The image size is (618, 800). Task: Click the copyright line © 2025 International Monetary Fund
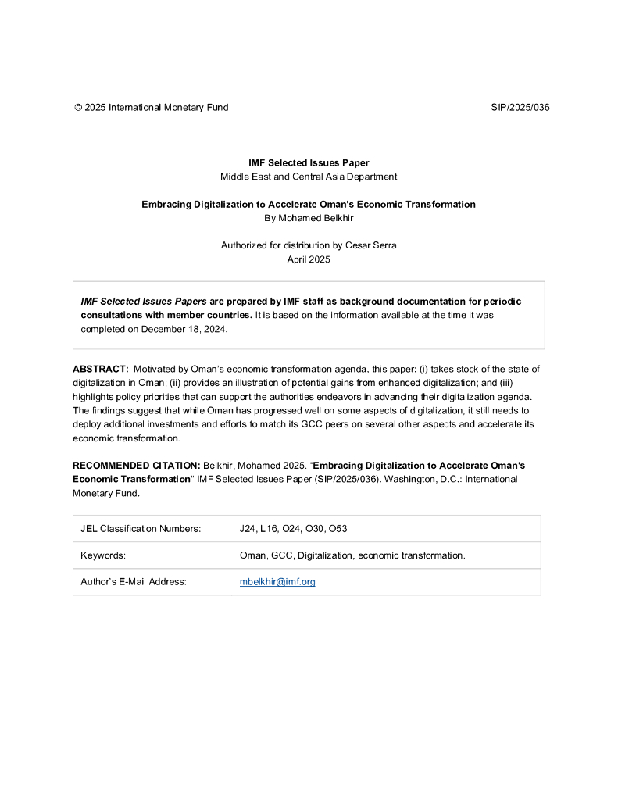pos(151,108)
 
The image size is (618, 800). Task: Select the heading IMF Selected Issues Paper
pos(309,163)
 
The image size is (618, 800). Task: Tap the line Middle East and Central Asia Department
pos(309,177)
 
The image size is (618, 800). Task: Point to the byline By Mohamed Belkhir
pos(309,217)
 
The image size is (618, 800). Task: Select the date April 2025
pos(309,259)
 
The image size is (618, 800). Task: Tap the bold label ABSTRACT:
pos(101,369)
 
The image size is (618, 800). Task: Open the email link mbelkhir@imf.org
pos(277,582)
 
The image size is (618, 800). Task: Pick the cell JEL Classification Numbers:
pos(141,529)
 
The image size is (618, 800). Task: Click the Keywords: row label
pos(103,555)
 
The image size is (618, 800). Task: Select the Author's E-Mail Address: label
pos(134,582)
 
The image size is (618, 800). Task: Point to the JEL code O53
pos(338,529)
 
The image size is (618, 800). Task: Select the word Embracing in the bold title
pos(166,204)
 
